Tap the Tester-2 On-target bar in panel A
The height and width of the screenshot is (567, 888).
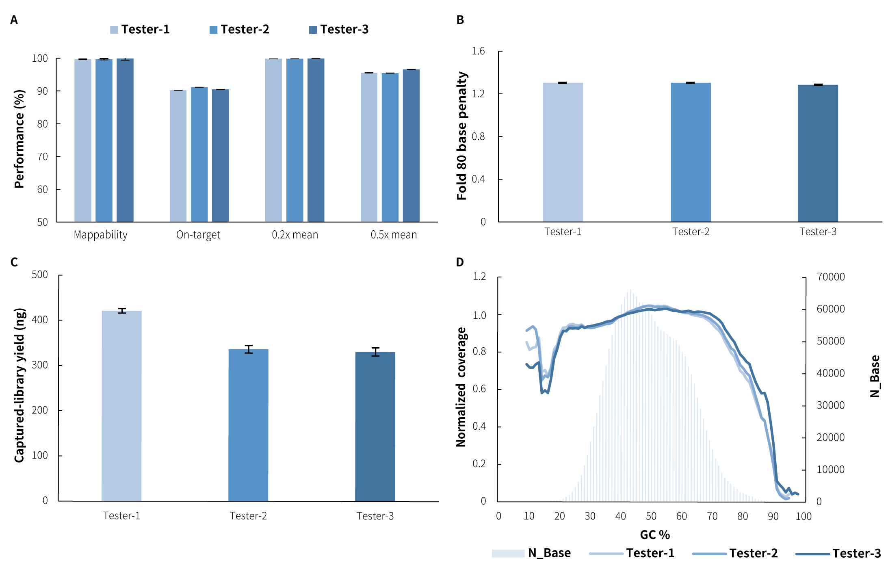199,154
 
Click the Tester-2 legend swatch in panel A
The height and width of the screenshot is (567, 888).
213,30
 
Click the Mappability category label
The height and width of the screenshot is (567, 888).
100,235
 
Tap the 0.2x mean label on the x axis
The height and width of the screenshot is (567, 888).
295,235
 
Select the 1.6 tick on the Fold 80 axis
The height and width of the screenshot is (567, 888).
478,51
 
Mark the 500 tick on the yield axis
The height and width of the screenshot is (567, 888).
40,275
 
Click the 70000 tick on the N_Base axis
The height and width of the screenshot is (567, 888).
830,277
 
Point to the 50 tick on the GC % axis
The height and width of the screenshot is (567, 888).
651,516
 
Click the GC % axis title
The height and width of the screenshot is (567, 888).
655,535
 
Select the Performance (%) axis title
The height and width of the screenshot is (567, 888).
19,139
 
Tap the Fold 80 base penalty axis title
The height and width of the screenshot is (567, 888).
462,136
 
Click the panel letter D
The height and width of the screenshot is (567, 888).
460,262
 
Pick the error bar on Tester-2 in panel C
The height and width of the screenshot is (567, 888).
249,349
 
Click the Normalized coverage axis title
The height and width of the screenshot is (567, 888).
461,387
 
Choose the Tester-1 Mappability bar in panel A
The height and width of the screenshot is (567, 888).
82,141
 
